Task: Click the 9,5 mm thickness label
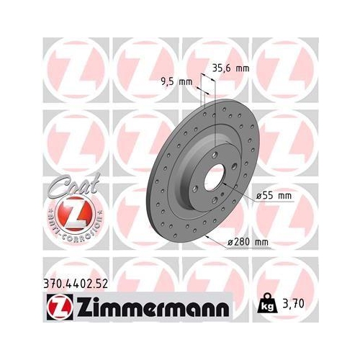click(x=175, y=81)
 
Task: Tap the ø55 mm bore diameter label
click(x=274, y=196)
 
